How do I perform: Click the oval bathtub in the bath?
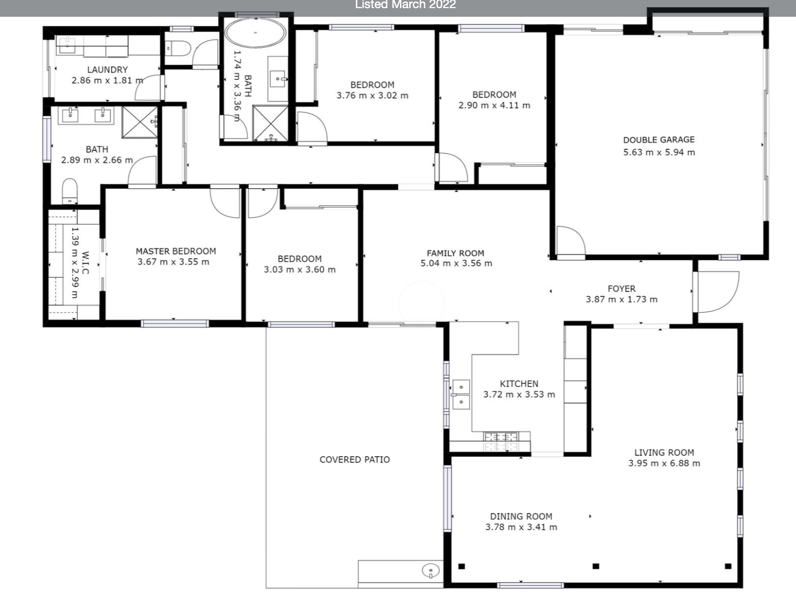(x=255, y=32)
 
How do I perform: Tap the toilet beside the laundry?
(x=177, y=48)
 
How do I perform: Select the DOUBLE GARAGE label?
(x=659, y=140)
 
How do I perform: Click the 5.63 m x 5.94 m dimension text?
(x=659, y=152)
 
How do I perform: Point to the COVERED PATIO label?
(x=355, y=459)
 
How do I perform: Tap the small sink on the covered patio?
(x=431, y=571)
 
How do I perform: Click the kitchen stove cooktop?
(x=501, y=442)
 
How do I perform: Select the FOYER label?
(x=621, y=289)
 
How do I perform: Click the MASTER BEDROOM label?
(x=176, y=251)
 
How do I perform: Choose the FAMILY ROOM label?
(x=455, y=253)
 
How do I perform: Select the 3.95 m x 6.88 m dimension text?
(x=664, y=463)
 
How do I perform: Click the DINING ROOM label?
(x=521, y=516)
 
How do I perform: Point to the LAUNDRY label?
(x=107, y=70)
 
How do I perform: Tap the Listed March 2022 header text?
(x=406, y=5)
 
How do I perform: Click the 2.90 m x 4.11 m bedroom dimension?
(x=494, y=106)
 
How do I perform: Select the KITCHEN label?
(x=519, y=384)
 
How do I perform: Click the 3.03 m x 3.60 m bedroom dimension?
(x=300, y=269)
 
